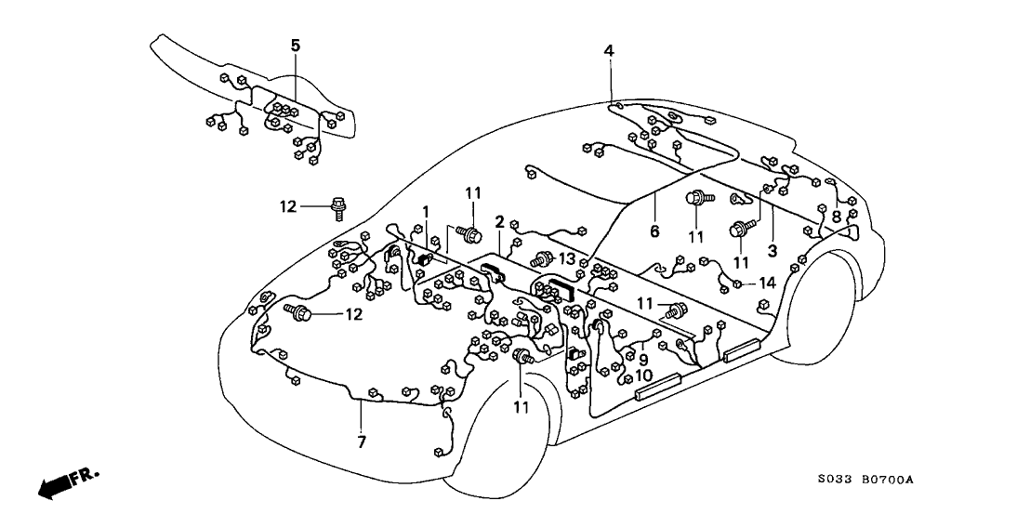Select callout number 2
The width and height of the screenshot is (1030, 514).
pos(499,222)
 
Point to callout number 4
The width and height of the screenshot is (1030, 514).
pos(608,50)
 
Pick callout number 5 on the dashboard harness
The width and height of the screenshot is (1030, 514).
pos(296,45)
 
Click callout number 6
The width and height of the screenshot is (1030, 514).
pos(654,231)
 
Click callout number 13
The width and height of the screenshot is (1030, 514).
pos(568,258)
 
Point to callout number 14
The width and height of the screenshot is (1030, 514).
pos(767,282)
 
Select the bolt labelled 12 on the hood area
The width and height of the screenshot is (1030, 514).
pos(301,315)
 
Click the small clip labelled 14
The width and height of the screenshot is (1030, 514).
pos(737,283)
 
